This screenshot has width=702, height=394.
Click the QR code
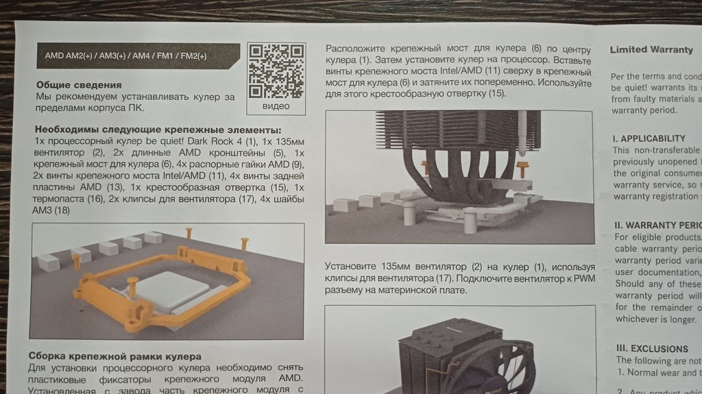[276, 71]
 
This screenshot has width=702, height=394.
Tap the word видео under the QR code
[276, 106]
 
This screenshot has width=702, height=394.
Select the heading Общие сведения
[79, 85]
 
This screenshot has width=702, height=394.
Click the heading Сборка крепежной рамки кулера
[115, 356]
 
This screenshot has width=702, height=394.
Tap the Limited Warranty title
[651, 49]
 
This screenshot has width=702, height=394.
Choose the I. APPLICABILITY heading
[649, 138]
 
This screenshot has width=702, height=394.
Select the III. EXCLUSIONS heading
[651, 348]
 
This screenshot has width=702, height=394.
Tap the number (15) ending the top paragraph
[496, 93]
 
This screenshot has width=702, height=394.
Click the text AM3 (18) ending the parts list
[52, 210]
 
